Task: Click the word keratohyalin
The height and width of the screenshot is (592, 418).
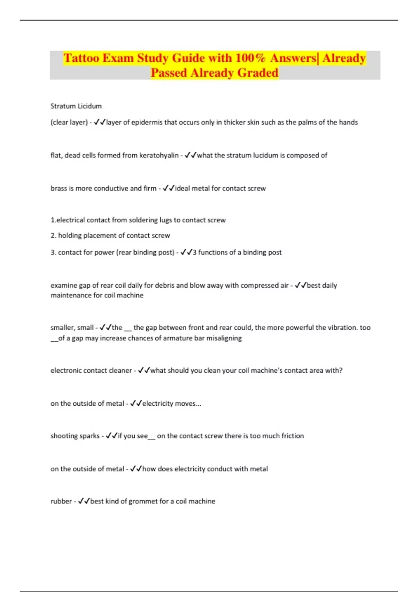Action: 158,155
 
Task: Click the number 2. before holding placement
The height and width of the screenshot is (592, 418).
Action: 53,235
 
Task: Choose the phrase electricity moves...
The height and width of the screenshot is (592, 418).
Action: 171,404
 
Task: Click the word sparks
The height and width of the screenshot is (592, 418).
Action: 91,436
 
